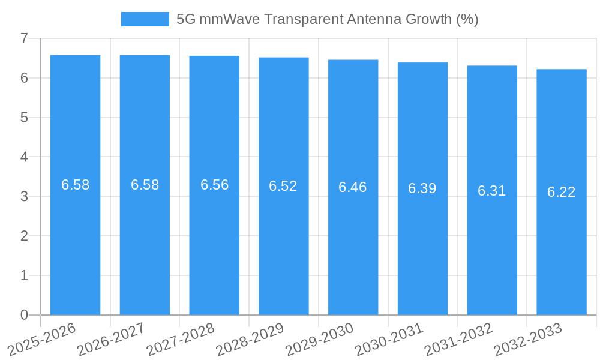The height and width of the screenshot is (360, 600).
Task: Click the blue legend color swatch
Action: click(x=145, y=19)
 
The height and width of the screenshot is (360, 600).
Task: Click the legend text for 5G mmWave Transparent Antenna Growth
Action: click(x=327, y=19)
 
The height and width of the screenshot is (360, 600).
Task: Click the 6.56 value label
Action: click(x=214, y=185)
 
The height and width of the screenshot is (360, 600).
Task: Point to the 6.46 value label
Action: click(x=353, y=187)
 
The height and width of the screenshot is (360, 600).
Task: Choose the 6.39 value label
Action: click(x=422, y=188)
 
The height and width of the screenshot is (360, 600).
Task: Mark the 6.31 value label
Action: click(x=491, y=191)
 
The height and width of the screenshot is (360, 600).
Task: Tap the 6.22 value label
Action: click(x=561, y=192)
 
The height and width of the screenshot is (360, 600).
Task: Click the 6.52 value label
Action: click(x=283, y=186)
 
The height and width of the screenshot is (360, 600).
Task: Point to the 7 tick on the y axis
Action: click(x=24, y=38)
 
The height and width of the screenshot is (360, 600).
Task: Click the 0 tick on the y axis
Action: click(x=24, y=315)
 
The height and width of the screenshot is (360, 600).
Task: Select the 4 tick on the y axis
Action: click(x=24, y=157)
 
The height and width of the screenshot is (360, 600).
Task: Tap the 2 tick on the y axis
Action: click(x=24, y=236)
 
